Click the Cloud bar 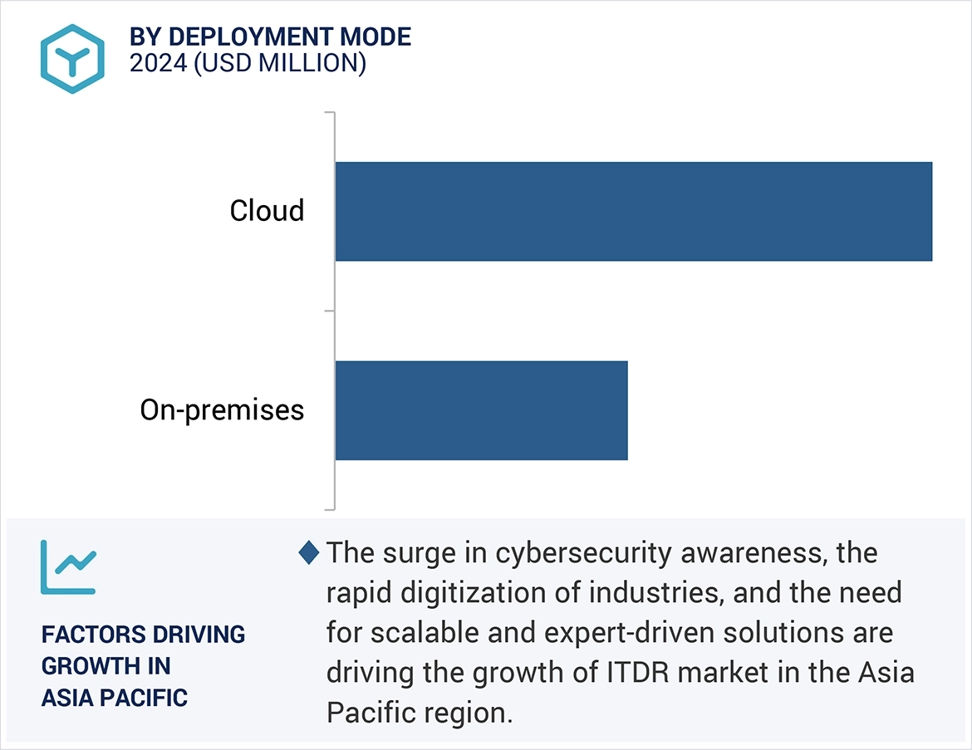[x=633, y=211]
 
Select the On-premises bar [x=481, y=410]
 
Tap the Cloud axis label [x=267, y=211]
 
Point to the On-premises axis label [x=222, y=410]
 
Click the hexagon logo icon [x=73, y=58]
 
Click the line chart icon [x=68, y=567]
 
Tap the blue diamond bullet [x=309, y=552]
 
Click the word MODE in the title [x=375, y=37]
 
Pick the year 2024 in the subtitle [x=158, y=64]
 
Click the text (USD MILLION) [x=279, y=64]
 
